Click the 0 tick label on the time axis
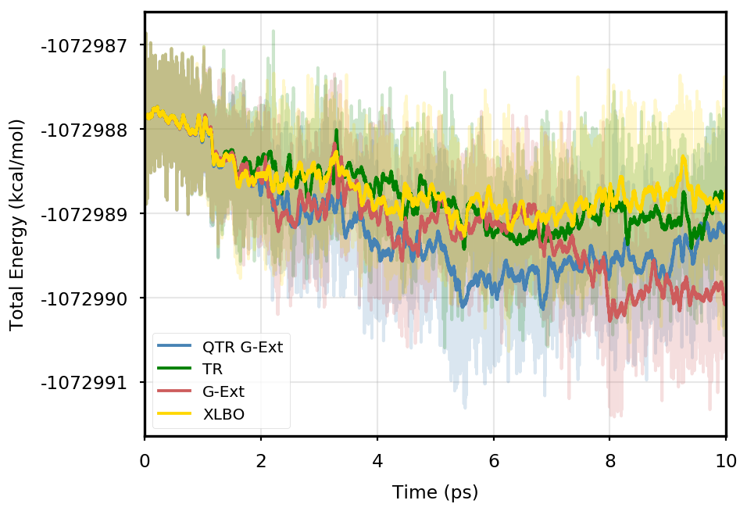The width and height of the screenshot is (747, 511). pyautogui.click(x=145, y=462)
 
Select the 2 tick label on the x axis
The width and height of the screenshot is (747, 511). pyautogui.click(x=261, y=462)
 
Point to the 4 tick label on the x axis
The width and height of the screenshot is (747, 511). pyautogui.click(x=377, y=462)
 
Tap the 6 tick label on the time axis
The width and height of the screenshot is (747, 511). pyautogui.click(x=494, y=462)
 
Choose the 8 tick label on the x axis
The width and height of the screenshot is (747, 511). pyautogui.click(x=610, y=462)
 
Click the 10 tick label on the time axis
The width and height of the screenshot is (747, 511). pyautogui.click(x=726, y=462)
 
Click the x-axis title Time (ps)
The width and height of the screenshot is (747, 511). pyautogui.click(x=435, y=493)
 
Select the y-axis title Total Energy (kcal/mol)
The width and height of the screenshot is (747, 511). pyautogui.click(x=17, y=224)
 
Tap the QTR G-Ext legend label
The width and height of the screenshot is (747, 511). pyautogui.click(x=242, y=346)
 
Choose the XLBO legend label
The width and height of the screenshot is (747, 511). pyautogui.click(x=223, y=415)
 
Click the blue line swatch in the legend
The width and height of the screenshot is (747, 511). pyautogui.click(x=174, y=345)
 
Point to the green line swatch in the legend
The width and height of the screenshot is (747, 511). pyautogui.click(x=174, y=369)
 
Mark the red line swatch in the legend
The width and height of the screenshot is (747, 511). pyautogui.click(x=174, y=391)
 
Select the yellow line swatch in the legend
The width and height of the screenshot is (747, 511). pyautogui.click(x=174, y=414)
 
